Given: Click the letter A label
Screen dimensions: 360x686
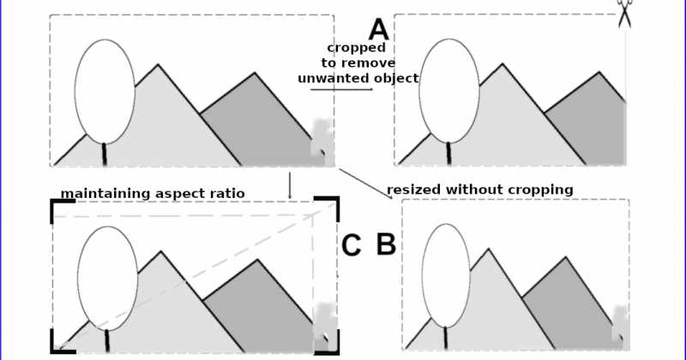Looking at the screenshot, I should [379, 29].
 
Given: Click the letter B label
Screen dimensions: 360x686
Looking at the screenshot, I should [386, 244].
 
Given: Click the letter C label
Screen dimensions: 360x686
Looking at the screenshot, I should [351, 246].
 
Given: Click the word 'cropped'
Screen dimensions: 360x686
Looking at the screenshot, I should [356, 48].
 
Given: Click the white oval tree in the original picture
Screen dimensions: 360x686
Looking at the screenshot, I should [105, 91].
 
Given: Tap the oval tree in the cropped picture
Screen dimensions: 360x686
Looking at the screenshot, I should [449, 91].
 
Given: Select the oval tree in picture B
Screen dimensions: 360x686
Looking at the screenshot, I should [446, 275].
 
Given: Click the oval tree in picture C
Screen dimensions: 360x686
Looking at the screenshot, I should [107, 279].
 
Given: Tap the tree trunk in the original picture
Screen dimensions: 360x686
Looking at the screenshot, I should [105, 154].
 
